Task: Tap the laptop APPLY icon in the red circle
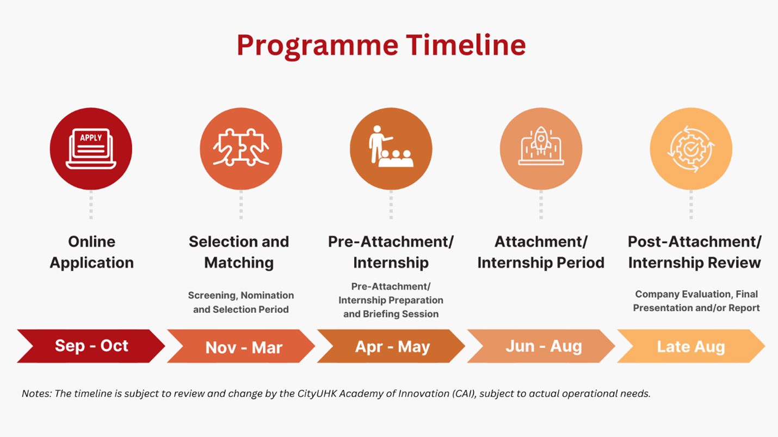91,149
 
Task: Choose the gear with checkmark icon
691,148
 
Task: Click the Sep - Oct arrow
91,346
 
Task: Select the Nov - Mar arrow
243,347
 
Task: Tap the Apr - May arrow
392,347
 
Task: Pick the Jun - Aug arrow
543,346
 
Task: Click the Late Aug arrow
691,347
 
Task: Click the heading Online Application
91,252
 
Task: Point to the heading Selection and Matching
239,252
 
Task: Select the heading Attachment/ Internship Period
541,252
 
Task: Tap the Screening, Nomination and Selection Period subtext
241,302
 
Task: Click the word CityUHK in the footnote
318,394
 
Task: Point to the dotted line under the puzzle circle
241,205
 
